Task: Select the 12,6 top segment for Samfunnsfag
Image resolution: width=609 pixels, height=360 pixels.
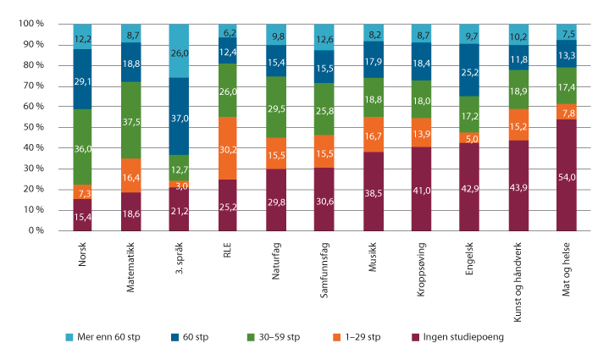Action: (324, 37)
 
